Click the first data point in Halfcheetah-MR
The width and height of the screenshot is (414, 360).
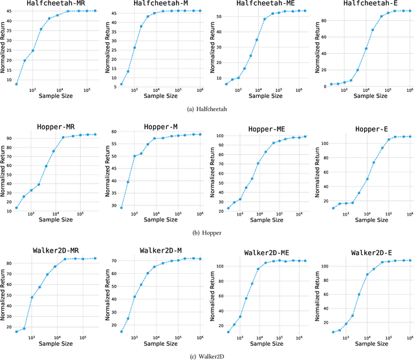(16, 84)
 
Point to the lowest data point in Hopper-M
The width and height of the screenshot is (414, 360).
(121, 207)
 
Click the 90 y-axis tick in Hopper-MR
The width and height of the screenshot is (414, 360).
(8, 138)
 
